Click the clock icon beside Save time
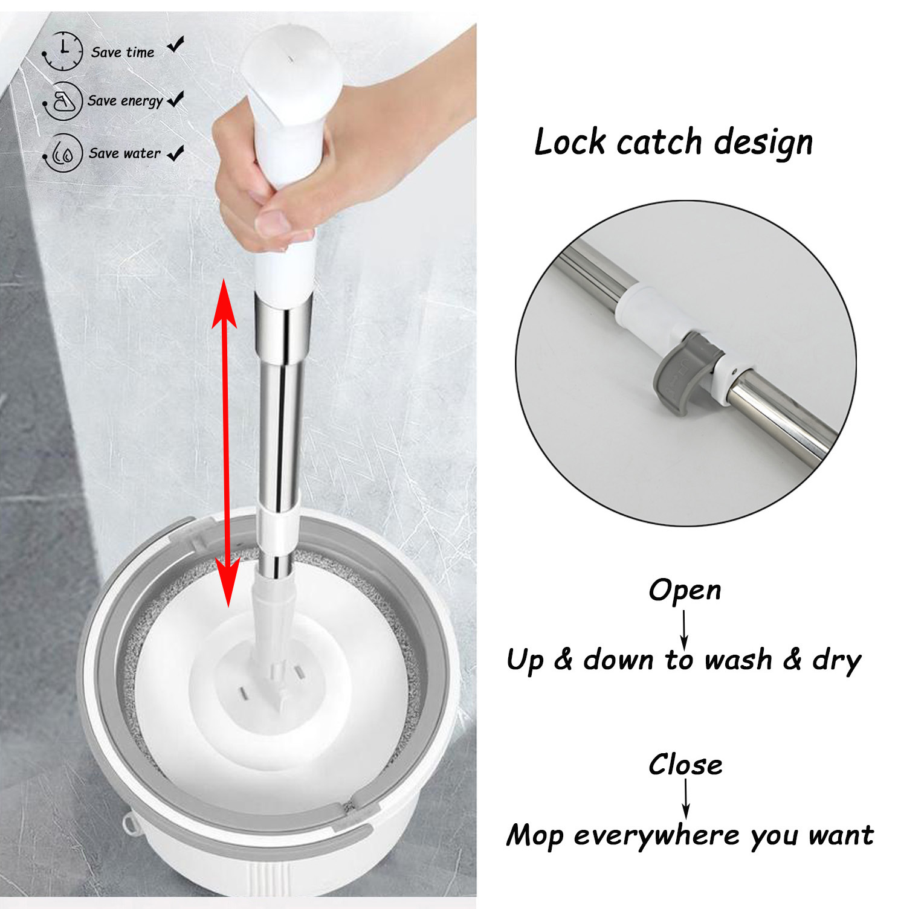(63, 51)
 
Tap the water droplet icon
(63, 153)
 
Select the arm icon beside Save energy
(63, 101)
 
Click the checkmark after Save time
(176, 45)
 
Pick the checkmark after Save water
(176, 153)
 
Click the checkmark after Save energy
(176, 99)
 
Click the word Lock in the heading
(570, 143)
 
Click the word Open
(685, 590)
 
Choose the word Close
(685, 765)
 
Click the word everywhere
(656, 836)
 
